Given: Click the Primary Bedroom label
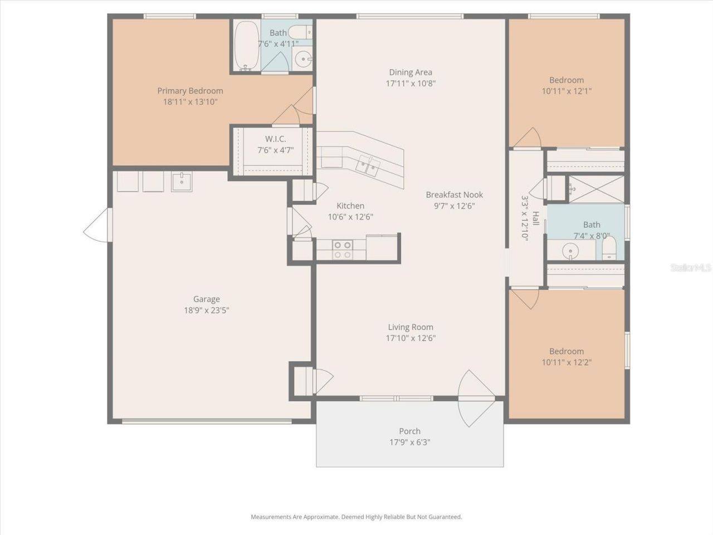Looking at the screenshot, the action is pos(190,91).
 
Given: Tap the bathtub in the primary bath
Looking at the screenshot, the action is pos(247,45).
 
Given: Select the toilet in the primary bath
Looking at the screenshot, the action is pos(300,32).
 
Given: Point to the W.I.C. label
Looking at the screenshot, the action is pos(276,139).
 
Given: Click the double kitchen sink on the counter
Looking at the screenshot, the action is pos(368,166).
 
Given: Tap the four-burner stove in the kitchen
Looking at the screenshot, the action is pos(343,250).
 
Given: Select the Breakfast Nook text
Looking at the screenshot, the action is pos(454,194).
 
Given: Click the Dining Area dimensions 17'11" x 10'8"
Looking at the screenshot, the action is pos(411,84).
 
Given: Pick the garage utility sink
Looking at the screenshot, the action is pos(182,182).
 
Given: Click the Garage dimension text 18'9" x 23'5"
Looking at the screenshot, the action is pos(207,310).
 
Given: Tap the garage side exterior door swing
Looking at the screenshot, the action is pos(98,225).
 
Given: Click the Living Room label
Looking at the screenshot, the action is pos(411,327).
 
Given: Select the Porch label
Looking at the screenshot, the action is pos(409,431).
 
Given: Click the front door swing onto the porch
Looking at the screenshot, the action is pos(476,398).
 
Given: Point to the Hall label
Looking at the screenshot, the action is pos(535,218).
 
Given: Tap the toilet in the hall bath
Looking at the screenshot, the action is pos(609,247).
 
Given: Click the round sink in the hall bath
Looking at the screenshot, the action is pos(570,251).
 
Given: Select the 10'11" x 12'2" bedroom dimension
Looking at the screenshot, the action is pos(567,362).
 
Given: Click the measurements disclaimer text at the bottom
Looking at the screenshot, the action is pos(356,517).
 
